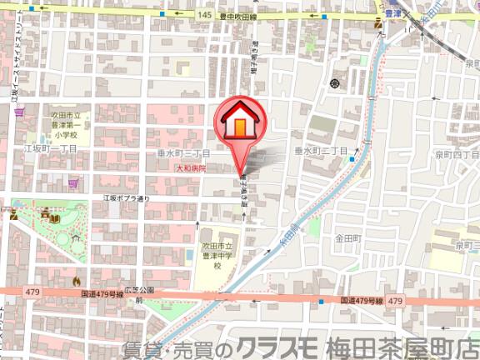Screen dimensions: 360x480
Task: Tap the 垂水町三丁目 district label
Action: pyautogui.click(x=187, y=154)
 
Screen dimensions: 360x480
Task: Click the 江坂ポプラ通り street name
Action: pyautogui.click(x=126, y=198)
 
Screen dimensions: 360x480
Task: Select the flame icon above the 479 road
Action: pyautogui.click(x=77, y=280)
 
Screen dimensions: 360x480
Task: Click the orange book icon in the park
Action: pyautogui.click(x=55, y=219)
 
